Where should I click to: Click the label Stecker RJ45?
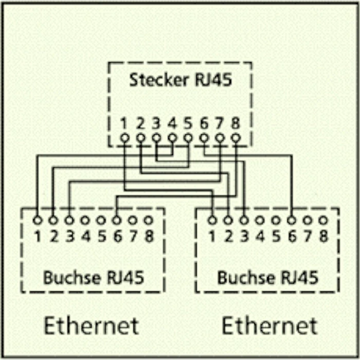coord(179,80)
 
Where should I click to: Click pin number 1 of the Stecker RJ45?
coord(124,123)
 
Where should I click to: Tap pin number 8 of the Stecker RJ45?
coord(236,123)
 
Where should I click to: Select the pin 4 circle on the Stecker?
coord(172,138)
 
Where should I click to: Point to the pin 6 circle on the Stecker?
coord(204,138)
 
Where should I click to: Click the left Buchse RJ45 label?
coord(93,278)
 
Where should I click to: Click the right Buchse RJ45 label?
coord(267,278)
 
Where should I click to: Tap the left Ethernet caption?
coord(91,326)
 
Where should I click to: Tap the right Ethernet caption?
coord(269,326)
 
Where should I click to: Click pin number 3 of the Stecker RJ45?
coord(156,123)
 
